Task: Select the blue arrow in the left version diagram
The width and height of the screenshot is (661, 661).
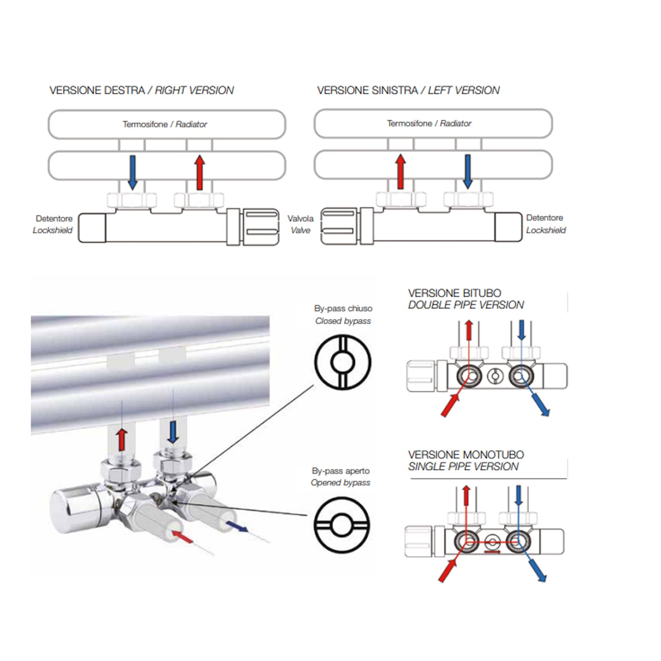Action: click(468, 171)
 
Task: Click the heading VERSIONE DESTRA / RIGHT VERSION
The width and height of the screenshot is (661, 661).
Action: click(141, 90)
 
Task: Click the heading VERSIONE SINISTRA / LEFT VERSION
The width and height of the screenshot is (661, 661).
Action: click(408, 90)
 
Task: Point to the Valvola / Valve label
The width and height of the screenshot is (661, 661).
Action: click(300, 224)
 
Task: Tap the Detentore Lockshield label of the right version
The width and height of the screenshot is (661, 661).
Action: click(53, 224)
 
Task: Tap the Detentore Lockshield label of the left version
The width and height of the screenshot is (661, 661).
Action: click(546, 224)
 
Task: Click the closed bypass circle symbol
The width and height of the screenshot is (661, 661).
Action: click(343, 362)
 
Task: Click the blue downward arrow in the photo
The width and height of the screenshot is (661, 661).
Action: click(173, 432)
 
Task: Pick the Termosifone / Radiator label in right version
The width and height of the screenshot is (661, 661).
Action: click(165, 124)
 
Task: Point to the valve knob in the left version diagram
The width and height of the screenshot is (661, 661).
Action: click(338, 227)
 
